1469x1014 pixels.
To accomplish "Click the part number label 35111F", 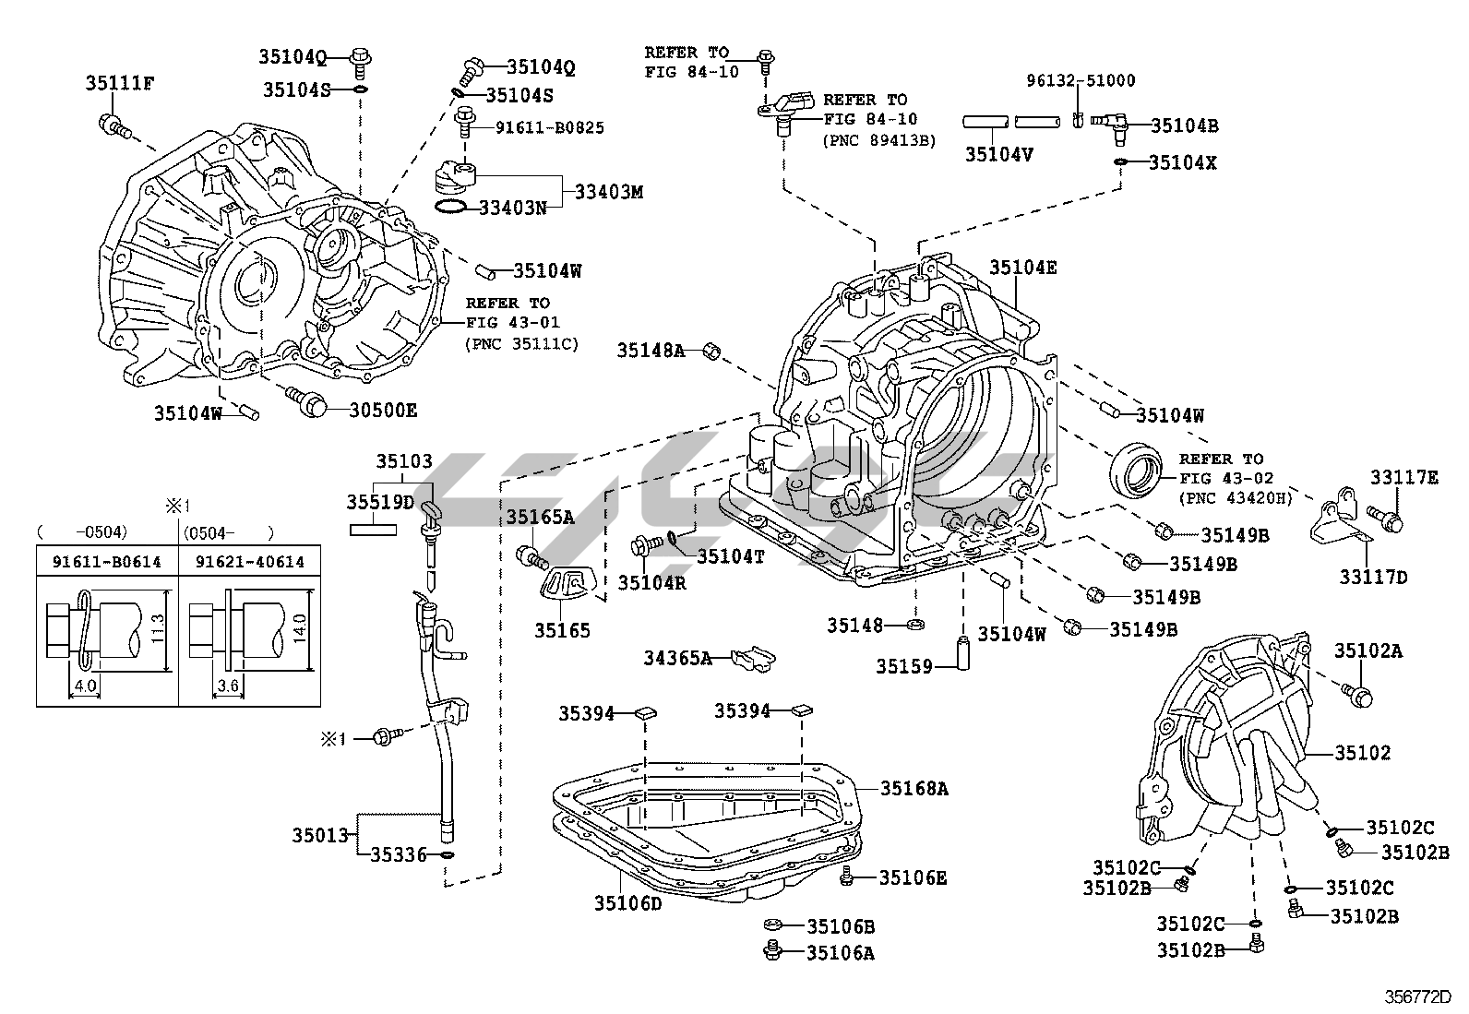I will click(x=120, y=83).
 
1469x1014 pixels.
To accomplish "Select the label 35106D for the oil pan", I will click(x=628, y=903).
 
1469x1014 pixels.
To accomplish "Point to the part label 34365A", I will click(x=678, y=658).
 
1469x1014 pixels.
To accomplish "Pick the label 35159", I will click(x=905, y=665).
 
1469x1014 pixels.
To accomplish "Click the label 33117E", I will click(x=1403, y=477).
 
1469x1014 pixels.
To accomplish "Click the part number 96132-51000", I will click(x=1081, y=80).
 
